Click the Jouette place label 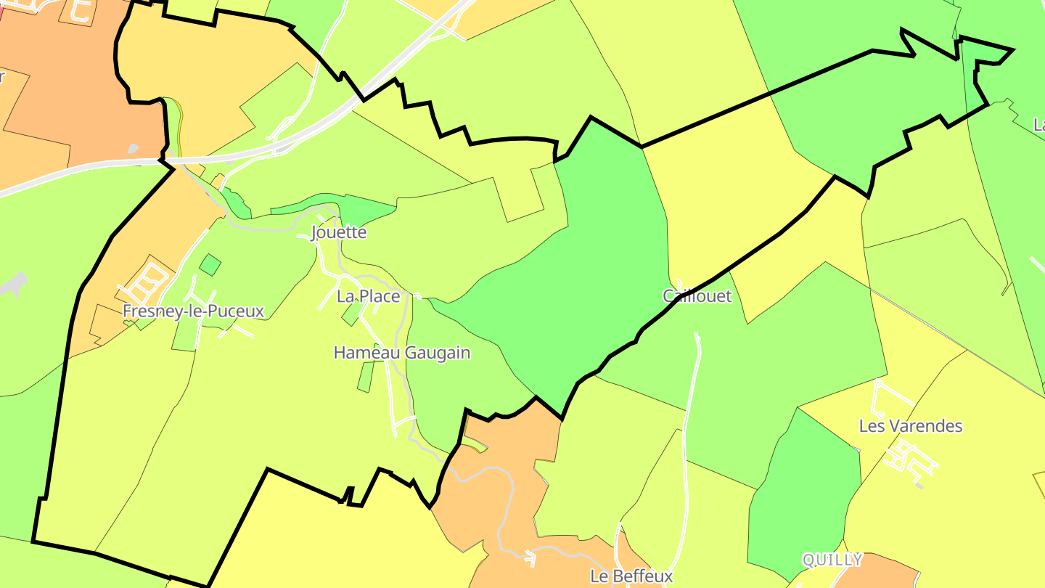pos(339,233)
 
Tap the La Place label pos(368,296)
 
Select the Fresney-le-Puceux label pos(193,311)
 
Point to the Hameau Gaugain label pos(401,354)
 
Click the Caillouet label pos(697,296)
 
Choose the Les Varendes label pos(910,426)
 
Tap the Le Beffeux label pos(631,576)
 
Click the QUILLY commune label pos(832,560)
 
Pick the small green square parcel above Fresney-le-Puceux pos(210,264)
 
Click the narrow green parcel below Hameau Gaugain pos(366,377)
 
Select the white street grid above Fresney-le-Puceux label pos(149,282)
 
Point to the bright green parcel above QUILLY pos(802,494)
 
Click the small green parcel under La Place pos(351,314)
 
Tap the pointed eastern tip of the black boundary pos(1011,51)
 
